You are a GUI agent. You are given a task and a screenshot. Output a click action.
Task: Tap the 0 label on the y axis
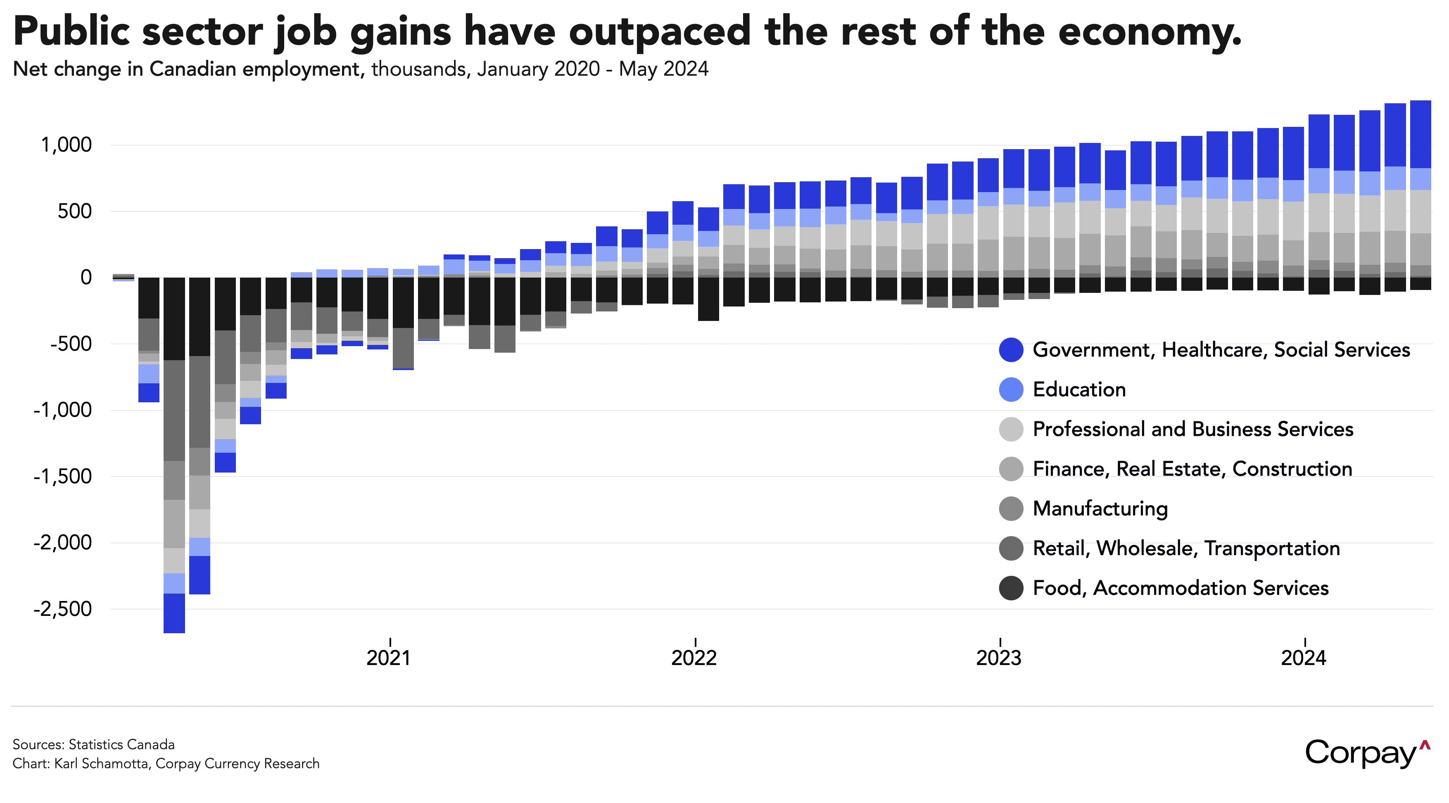86,277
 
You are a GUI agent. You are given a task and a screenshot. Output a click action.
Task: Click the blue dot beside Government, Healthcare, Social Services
1011,350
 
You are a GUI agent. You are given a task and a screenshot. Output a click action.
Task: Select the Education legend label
1079,390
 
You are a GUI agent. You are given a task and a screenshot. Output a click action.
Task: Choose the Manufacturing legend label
1100,508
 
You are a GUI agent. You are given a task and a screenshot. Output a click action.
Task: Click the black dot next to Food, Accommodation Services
1011,588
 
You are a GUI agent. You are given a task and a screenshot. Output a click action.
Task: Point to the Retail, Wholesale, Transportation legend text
1186,548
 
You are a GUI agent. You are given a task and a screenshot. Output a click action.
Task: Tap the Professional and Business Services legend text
1192,429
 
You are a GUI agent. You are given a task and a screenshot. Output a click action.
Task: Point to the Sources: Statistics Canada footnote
93,744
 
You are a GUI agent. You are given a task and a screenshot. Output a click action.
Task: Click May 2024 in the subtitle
663,69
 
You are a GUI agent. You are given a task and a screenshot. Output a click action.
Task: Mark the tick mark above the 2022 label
696,642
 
